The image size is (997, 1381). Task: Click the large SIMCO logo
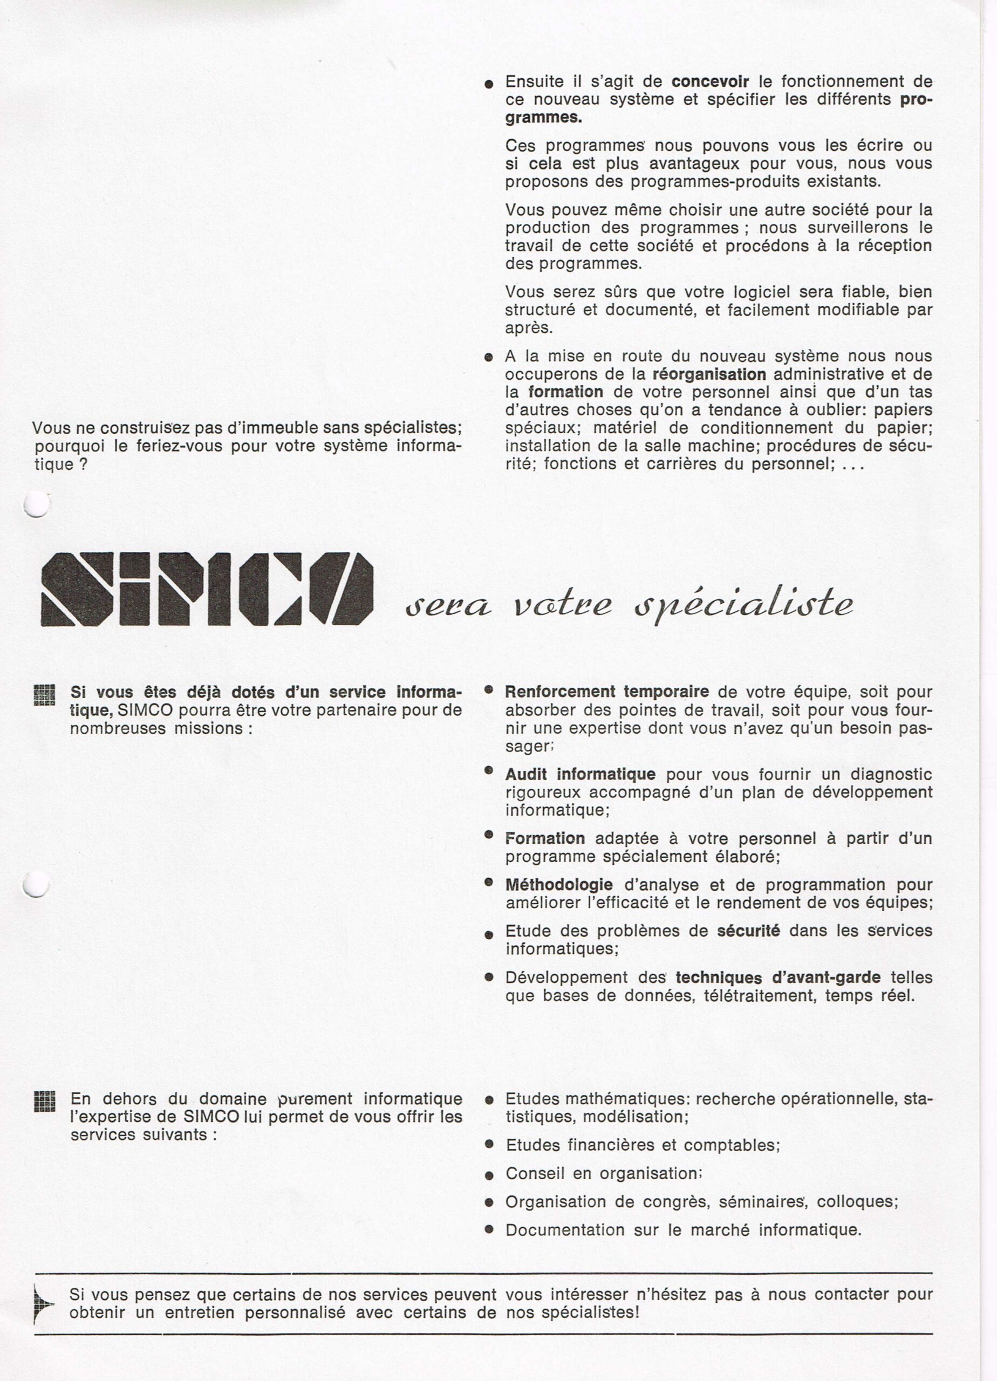pos(207,589)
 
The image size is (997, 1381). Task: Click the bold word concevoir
pos(710,81)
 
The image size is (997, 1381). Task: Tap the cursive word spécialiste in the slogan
pos(743,604)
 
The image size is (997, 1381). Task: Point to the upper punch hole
pos(36,503)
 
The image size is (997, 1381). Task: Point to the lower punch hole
pos(36,884)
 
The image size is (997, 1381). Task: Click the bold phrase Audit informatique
pos(580,775)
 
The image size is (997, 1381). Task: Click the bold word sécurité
pos(748,931)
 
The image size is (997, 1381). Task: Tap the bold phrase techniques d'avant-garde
pos(778,977)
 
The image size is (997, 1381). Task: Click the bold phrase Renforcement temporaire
pos(606,692)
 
